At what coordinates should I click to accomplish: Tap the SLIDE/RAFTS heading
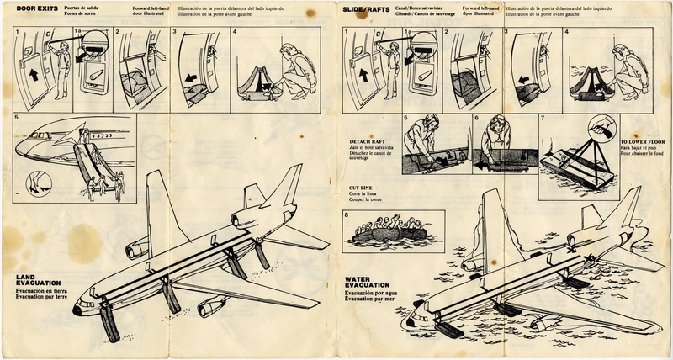click(367, 8)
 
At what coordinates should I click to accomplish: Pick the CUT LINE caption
click(362, 189)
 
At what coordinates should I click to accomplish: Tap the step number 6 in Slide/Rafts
click(475, 119)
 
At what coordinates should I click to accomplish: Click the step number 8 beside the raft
click(347, 215)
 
